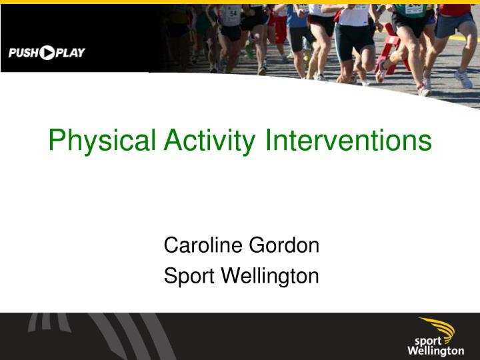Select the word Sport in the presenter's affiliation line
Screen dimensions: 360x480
pos(186,275)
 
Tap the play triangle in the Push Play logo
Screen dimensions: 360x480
pos(47,53)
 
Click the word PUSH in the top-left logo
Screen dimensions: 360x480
pos(23,53)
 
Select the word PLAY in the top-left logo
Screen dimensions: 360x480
pos(70,53)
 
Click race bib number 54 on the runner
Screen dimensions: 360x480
pos(233,13)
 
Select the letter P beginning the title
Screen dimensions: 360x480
pos(57,141)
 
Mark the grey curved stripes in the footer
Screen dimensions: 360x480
pos(100,337)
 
